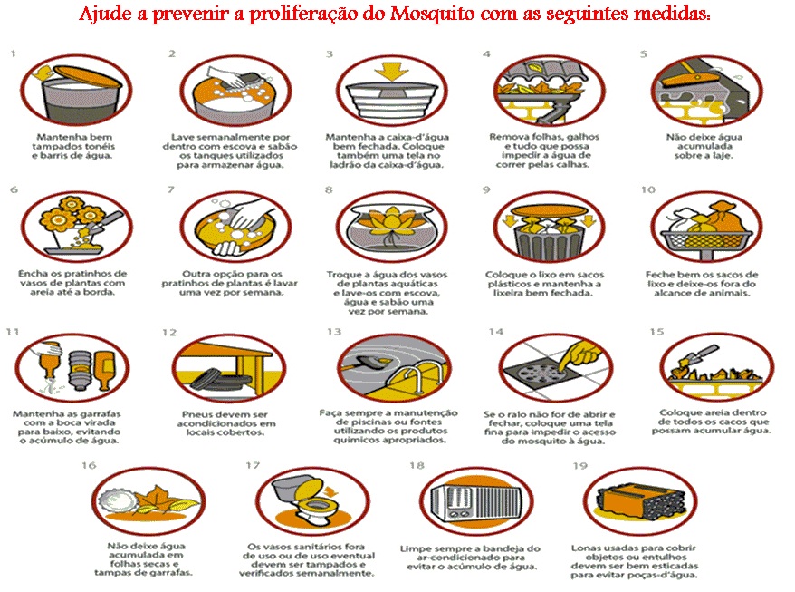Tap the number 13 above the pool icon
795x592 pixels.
click(x=334, y=332)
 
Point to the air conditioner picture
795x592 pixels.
click(x=476, y=502)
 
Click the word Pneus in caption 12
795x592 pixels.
click(x=197, y=415)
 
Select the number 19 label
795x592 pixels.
click(x=579, y=466)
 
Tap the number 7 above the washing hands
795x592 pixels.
click(x=171, y=189)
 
